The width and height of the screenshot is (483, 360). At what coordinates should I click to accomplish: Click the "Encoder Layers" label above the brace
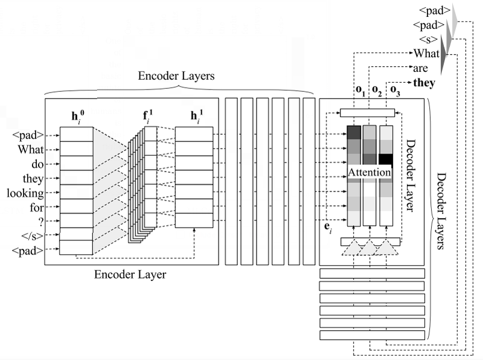[x=177, y=77]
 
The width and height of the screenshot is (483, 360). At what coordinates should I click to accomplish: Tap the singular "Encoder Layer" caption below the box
[x=130, y=275]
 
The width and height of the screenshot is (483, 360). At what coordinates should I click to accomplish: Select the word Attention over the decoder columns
[x=369, y=172]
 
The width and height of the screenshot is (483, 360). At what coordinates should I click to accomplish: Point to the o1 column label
[x=360, y=91]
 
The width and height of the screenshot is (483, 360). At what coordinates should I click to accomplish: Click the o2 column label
[x=377, y=91]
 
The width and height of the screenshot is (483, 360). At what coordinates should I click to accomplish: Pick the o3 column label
[x=395, y=91]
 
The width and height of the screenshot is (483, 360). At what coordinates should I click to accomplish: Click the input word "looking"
[x=25, y=193]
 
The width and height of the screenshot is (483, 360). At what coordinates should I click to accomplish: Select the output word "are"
[x=420, y=68]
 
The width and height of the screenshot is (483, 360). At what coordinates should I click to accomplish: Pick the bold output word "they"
[x=424, y=83]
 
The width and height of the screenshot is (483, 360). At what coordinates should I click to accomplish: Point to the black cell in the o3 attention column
[x=386, y=159]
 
